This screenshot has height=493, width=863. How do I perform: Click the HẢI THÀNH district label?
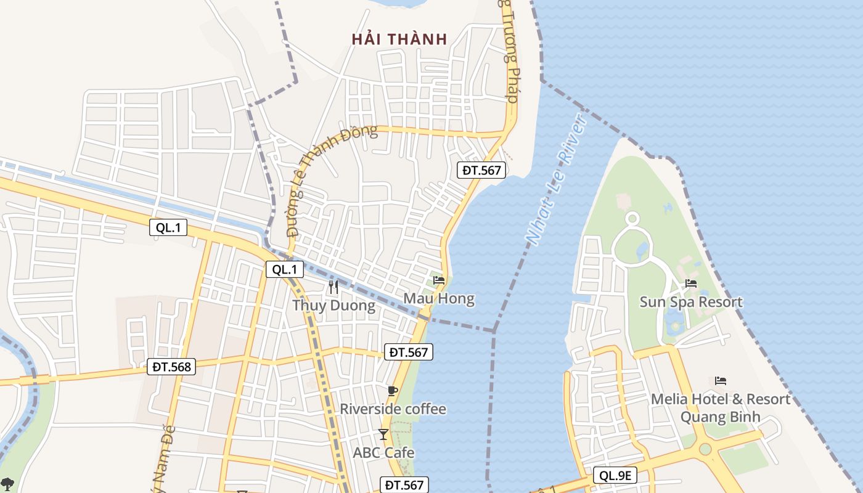point(399,39)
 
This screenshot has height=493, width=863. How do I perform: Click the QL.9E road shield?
point(615,475)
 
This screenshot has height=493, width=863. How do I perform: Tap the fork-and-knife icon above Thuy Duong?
point(333,287)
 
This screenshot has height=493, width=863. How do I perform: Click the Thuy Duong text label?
point(333,306)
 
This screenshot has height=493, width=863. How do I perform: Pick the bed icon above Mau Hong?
point(439,280)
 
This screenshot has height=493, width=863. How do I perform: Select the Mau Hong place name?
point(439,299)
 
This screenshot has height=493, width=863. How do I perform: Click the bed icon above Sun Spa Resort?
point(691,283)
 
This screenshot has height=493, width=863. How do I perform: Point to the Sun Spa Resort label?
point(691,302)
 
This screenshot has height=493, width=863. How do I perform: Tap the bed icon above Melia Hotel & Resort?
point(721,381)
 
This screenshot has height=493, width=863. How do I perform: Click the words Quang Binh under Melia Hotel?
point(720,417)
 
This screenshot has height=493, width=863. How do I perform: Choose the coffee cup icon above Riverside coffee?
point(393,391)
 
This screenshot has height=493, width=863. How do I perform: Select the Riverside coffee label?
point(393,409)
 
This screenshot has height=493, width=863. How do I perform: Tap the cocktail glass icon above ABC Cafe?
point(383,434)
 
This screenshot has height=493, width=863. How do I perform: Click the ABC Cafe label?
point(383,453)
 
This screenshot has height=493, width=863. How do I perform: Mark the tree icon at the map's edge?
point(7,484)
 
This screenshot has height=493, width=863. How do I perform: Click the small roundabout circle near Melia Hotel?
point(705,449)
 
